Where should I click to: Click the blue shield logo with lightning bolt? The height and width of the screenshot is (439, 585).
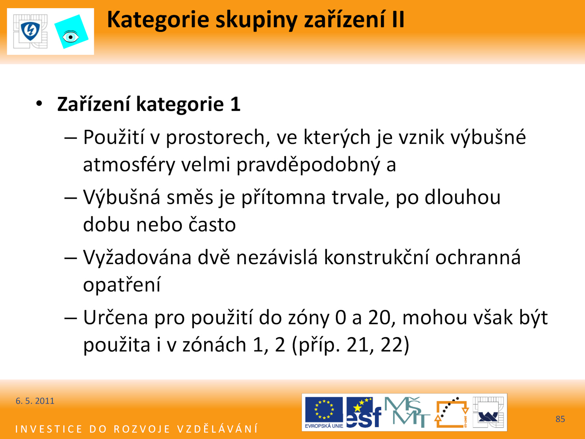tap(30, 31)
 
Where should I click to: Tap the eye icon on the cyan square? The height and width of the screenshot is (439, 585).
tap(70, 37)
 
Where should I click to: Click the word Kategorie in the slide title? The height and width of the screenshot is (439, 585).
tap(158, 20)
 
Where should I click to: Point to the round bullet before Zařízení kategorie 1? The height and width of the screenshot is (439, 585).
tap(39, 104)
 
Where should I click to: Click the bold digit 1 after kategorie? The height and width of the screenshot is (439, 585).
tap(235, 104)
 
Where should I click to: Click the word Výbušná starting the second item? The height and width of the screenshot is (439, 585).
tap(122, 198)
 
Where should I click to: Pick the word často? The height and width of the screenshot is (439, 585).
tap(212, 224)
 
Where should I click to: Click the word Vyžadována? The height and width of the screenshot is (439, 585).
tap(137, 258)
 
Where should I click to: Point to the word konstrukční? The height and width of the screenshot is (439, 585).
tap(376, 258)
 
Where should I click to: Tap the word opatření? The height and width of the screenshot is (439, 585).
tap(122, 285)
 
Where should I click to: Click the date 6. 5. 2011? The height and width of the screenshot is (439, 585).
tap(35, 401)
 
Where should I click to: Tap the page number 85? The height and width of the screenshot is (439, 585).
tap(560, 419)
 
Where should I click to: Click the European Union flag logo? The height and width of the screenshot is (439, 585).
tap(324, 412)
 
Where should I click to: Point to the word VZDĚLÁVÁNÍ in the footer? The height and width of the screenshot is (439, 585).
tap(218, 429)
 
